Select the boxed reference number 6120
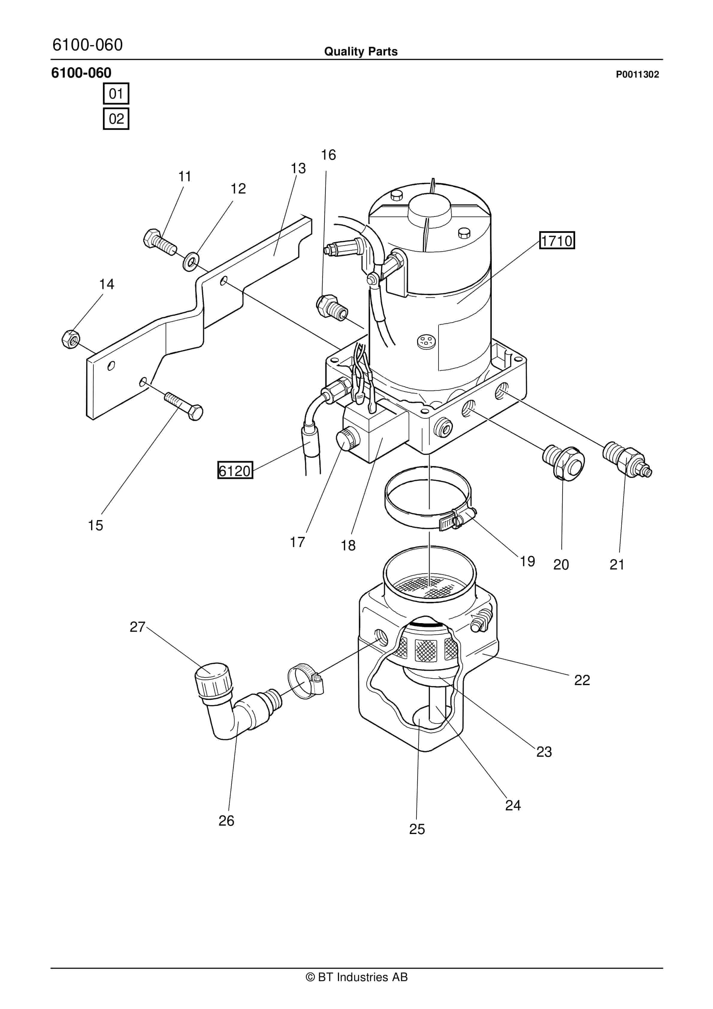tap(235, 470)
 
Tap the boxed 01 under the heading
tap(116, 93)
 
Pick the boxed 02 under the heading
tap(116, 119)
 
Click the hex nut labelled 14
tap(70, 339)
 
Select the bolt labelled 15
tap(183, 405)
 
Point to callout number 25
tap(417, 829)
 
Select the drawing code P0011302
tap(637, 74)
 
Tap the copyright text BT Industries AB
tap(356, 977)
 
